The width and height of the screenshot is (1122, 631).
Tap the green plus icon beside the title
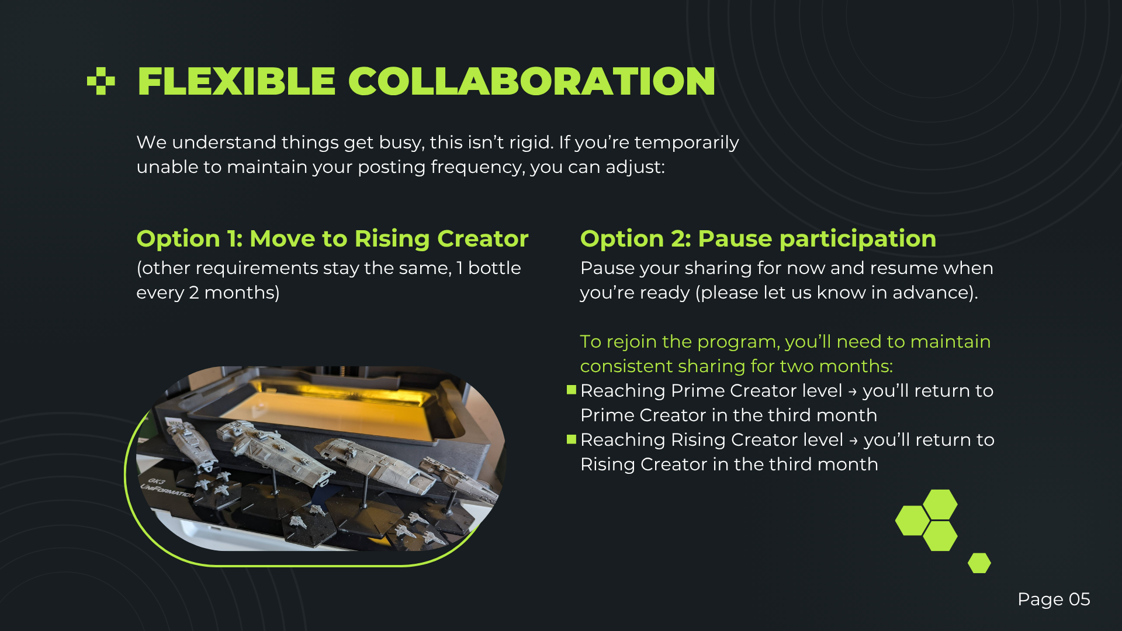pyautogui.click(x=101, y=81)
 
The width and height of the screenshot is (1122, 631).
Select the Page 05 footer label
pyautogui.click(x=1054, y=599)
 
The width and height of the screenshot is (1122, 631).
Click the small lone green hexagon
pyautogui.click(x=979, y=563)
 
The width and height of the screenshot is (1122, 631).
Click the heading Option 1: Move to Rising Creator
pyautogui.click(x=332, y=238)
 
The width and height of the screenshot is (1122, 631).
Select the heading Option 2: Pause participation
pyautogui.click(x=758, y=238)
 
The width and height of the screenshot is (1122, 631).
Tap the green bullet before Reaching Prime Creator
pyautogui.click(x=572, y=390)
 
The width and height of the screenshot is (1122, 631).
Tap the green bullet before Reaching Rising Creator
pyautogui.click(x=572, y=439)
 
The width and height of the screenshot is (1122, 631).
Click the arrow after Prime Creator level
pyautogui.click(x=853, y=391)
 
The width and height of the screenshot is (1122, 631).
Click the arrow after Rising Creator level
pyautogui.click(x=854, y=441)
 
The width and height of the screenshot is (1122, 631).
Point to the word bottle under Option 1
pyautogui.click(x=494, y=268)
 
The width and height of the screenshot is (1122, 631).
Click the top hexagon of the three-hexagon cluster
pyautogui.click(x=940, y=505)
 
